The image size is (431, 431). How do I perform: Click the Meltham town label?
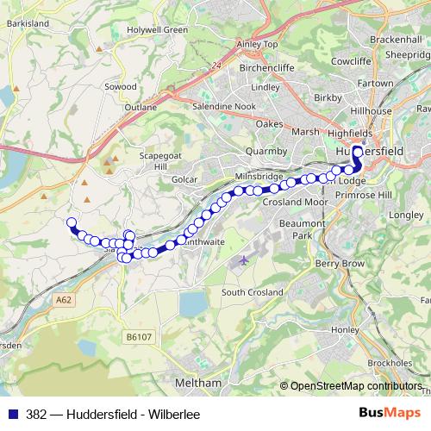coord(198,382)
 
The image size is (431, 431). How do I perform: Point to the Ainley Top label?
coord(258,44)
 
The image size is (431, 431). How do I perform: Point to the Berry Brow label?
coord(334,262)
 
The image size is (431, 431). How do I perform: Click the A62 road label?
coord(62,299)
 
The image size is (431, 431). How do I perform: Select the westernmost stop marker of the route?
coord(72,222)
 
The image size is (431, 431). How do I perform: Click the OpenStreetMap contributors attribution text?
coord(357,386)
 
